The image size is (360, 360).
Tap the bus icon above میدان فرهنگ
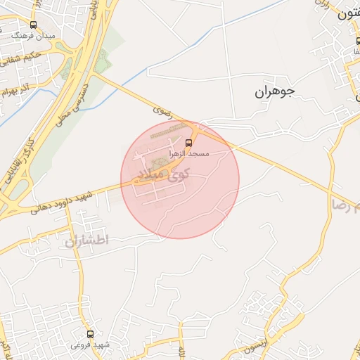(x=33, y=25)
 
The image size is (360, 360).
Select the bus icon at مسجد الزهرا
(x=189, y=143)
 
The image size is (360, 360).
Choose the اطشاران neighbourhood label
(x=87, y=240)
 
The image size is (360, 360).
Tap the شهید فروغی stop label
(x=90, y=345)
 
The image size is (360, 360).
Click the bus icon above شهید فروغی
(x=90, y=334)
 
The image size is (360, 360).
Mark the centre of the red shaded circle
(x=180, y=179)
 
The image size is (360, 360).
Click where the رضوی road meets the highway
(x=98, y=76)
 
